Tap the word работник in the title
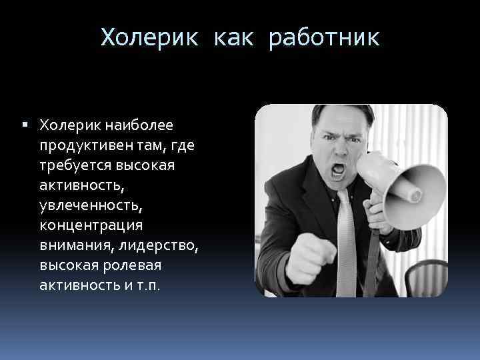coord(324,37)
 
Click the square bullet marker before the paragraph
coord(24,125)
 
